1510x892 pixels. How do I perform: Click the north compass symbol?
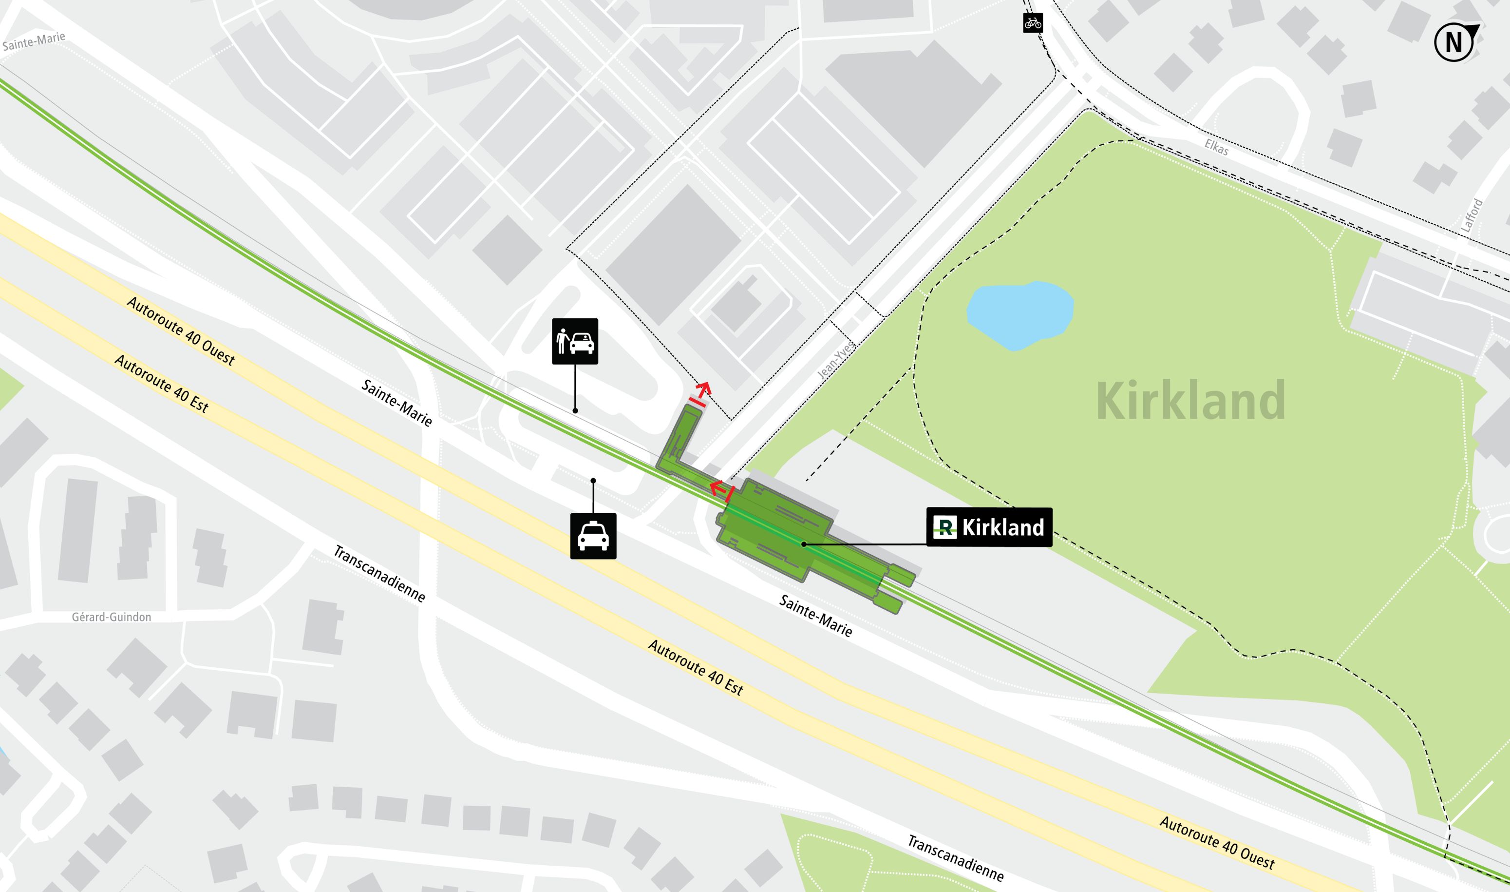(x=1453, y=42)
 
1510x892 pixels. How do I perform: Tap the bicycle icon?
(x=1033, y=23)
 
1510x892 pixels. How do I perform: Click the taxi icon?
(x=593, y=536)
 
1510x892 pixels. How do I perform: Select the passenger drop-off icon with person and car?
(x=575, y=341)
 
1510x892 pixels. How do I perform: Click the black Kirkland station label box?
(x=989, y=527)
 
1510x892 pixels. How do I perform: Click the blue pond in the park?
(x=1019, y=315)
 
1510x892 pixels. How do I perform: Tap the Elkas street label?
(x=1216, y=147)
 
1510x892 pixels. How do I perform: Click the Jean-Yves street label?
(x=836, y=361)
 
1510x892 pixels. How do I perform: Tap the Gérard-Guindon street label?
(x=111, y=617)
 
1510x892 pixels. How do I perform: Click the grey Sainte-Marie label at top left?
(x=34, y=42)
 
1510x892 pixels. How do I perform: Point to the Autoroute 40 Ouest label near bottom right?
(x=1217, y=843)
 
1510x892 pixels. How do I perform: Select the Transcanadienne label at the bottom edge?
(x=955, y=858)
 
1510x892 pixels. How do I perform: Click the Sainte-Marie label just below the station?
(x=815, y=616)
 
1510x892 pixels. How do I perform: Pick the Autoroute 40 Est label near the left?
(x=161, y=384)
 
